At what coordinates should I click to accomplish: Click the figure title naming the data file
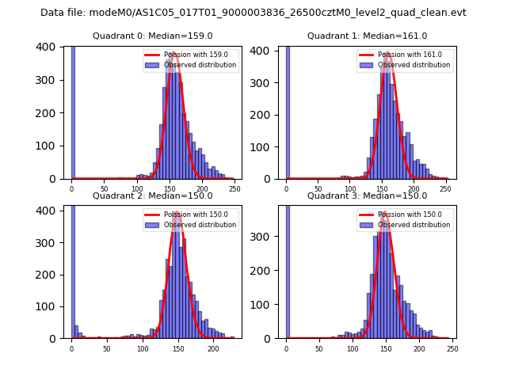pyautogui.click(x=253, y=13)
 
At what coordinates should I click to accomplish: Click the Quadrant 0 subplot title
pyautogui.click(x=152, y=36)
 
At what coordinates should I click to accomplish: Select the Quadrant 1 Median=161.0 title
pyautogui.click(x=368, y=36)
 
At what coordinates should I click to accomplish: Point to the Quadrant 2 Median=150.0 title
pyautogui.click(x=152, y=196)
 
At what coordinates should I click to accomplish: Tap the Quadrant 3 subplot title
pyautogui.click(x=368, y=196)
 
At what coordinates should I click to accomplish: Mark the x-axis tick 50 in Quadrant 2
pyautogui.click(x=107, y=348)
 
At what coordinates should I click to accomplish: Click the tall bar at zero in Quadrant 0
pyautogui.click(x=73, y=111)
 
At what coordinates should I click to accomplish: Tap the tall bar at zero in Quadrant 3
pyautogui.click(x=287, y=269)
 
